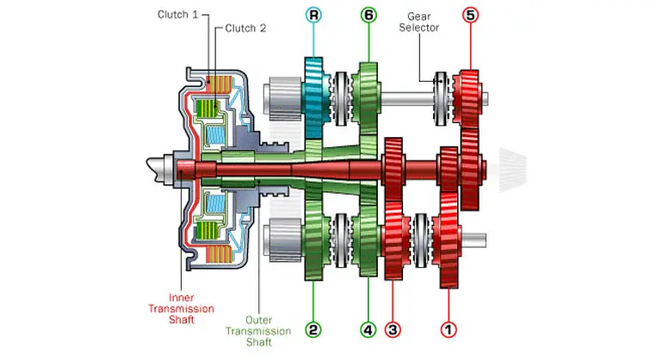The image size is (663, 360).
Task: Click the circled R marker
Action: [x=313, y=15]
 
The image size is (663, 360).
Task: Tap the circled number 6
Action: [x=369, y=15]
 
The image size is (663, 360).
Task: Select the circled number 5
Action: [x=470, y=15]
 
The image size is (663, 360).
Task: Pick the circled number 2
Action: [x=313, y=328]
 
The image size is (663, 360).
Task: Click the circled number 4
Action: [x=369, y=328]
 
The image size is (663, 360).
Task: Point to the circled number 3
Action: [x=394, y=328]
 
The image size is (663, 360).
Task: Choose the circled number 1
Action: [x=449, y=328]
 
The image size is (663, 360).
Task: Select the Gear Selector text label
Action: [x=420, y=22]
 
